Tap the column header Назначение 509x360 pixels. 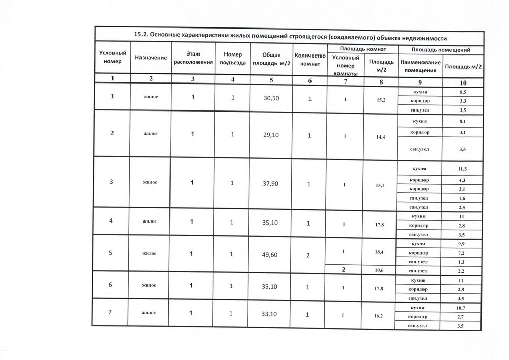[x=151, y=58]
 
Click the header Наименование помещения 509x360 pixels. [x=420, y=66]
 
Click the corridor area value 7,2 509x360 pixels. [x=462, y=253]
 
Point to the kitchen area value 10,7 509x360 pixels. [x=463, y=308]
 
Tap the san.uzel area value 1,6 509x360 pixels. [x=462, y=198]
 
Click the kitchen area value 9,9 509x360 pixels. [x=462, y=244]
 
